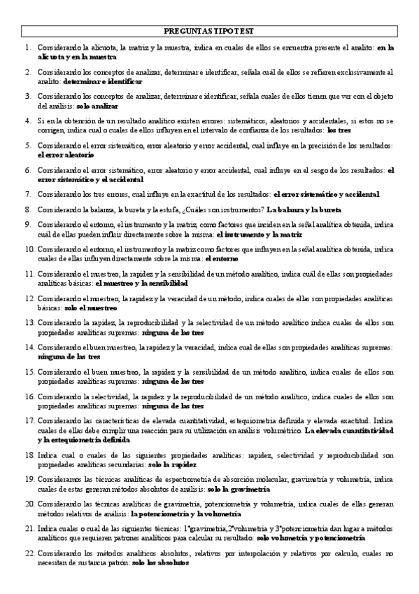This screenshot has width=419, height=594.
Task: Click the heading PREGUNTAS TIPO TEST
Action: [x=209, y=31]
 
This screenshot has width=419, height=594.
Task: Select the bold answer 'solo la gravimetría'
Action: [x=239, y=488]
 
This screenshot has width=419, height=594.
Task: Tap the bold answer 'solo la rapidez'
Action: [x=172, y=464]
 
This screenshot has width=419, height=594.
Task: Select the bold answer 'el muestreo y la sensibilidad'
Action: [x=140, y=283]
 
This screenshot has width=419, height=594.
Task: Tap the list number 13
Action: [x=27, y=323]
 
